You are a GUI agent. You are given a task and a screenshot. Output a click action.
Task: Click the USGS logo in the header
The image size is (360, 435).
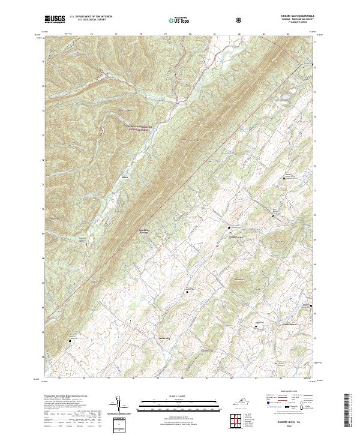click(x=55, y=19)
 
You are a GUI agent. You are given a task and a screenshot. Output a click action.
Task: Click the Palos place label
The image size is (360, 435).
click(x=125, y=177)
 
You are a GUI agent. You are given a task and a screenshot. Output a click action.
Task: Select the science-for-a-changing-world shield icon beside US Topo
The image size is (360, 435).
click(x=239, y=20)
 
